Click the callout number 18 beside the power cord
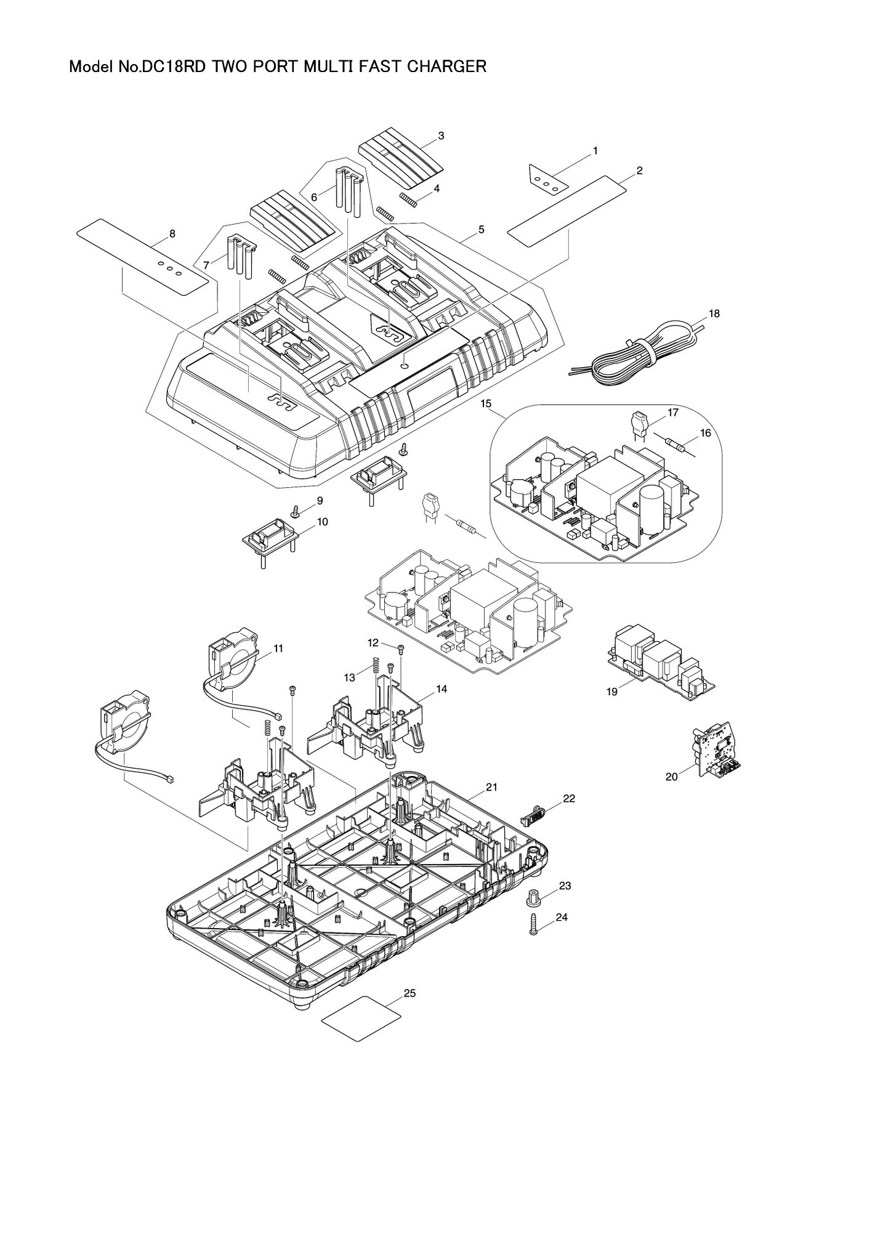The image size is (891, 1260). [714, 313]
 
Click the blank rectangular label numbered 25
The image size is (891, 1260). [361, 1027]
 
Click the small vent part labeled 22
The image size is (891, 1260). [533, 817]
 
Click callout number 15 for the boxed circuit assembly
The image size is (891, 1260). [486, 403]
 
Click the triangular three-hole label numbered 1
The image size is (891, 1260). [546, 179]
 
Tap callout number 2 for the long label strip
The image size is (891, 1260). [640, 171]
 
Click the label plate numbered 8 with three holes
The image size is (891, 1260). [148, 256]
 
